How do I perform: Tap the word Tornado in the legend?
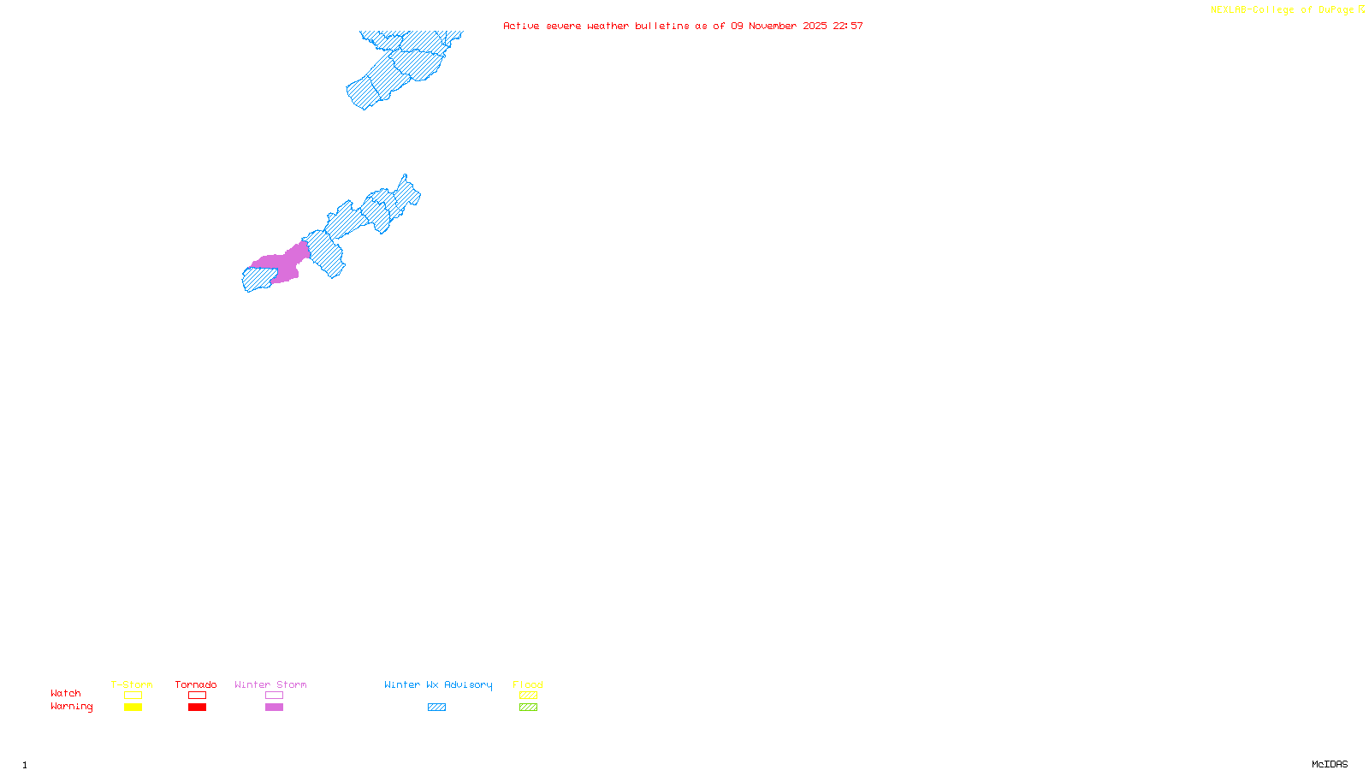[x=196, y=684]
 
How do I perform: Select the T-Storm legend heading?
[x=132, y=684]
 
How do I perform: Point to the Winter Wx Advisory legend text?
[x=438, y=684]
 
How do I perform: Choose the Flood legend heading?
[x=528, y=684]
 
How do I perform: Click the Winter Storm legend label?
[x=270, y=684]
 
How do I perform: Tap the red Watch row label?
[x=66, y=693]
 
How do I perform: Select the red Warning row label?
[x=71, y=707]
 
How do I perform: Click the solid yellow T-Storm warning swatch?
[x=133, y=708]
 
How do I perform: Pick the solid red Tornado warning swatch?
[x=198, y=708]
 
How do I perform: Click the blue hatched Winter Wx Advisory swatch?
[x=436, y=708]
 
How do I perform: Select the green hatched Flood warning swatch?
[x=529, y=708]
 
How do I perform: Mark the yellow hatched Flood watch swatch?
[x=529, y=696]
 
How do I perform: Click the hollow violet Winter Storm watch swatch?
[x=274, y=696]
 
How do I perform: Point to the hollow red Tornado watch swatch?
[x=198, y=696]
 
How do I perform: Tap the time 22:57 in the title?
[x=848, y=26]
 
